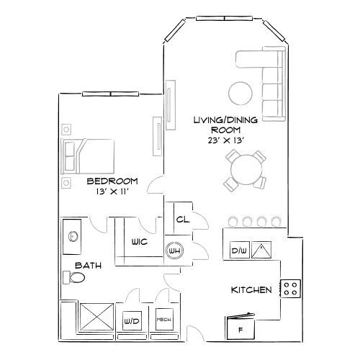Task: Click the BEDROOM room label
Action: pos(112,180)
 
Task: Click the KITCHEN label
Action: pos(251,290)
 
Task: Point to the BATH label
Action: pos(88,266)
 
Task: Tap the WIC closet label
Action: pos(139,243)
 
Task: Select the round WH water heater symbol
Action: pos(174,251)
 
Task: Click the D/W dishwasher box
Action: pos(238,251)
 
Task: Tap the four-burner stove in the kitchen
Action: pos(291,289)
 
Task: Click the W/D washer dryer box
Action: pos(132,320)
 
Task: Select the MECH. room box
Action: pos(163,319)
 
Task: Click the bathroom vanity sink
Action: pos(73,235)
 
